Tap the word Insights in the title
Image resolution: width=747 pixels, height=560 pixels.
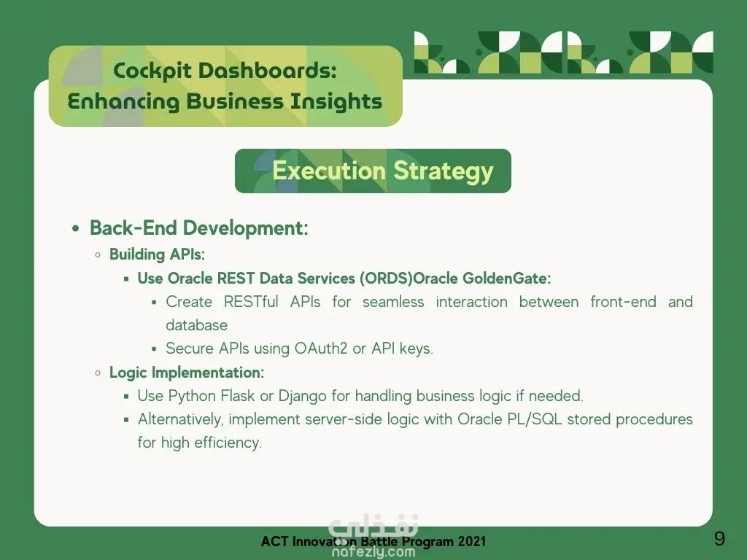point(336,102)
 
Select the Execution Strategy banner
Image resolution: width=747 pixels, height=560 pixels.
point(373,171)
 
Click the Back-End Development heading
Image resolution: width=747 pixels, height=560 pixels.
point(199,228)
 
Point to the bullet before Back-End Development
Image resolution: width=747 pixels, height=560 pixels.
point(76,229)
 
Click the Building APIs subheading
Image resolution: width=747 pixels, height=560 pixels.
point(158,254)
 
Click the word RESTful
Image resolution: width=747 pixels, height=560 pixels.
point(251,301)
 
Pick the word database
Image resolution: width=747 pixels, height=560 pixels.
point(197,325)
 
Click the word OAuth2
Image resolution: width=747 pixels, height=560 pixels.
point(321,349)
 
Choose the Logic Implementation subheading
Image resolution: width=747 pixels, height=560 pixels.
point(187,373)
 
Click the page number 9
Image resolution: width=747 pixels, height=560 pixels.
point(719,539)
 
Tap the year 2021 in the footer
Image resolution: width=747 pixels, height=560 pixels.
point(472,542)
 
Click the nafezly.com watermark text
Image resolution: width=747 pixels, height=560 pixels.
point(373,552)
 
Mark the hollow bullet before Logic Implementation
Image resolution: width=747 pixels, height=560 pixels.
point(98,373)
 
